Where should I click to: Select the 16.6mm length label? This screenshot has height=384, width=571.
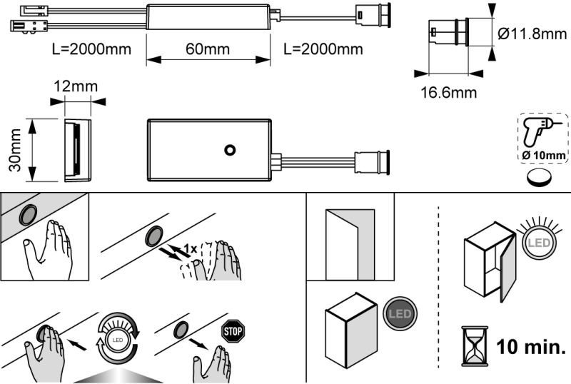coord(448,92)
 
